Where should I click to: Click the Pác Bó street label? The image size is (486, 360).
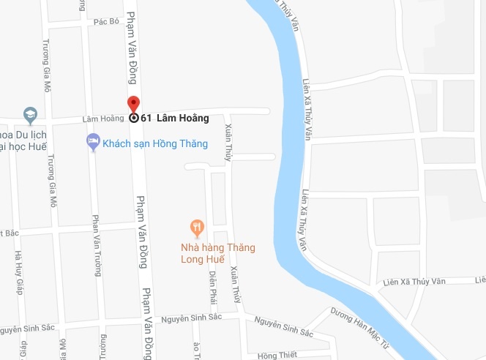coord(106,22)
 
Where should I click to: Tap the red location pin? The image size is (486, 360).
coord(133,104)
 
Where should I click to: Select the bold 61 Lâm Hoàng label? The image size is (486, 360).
coord(175,118)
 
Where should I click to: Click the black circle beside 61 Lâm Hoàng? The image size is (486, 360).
coord(133,118)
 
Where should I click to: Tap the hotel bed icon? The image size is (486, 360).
coord(93,141)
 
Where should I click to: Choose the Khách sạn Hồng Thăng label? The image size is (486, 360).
coord(155,143)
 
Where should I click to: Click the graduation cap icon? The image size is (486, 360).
coord(29,115)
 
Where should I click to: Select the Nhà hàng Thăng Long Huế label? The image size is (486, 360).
coord(219,252)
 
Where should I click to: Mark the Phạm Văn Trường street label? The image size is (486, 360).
coord(95,245)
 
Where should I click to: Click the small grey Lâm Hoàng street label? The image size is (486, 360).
coord(83,119)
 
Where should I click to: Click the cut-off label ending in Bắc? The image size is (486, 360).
coord(9,233)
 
